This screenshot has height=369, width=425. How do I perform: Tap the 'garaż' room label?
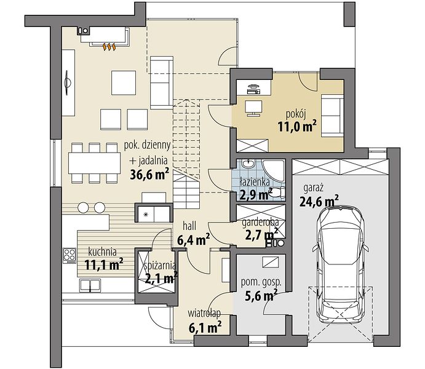314,188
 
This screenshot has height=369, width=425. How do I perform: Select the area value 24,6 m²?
319,201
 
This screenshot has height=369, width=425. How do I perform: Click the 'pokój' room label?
296,114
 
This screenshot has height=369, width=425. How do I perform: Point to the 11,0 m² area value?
297,127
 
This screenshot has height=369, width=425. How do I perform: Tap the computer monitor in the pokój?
253,108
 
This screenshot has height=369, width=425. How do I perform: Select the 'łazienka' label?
255,182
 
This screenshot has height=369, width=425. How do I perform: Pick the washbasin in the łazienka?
247,164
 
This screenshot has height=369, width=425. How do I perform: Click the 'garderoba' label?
260,223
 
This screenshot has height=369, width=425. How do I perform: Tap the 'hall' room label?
189,226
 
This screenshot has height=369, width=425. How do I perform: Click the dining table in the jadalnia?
94,163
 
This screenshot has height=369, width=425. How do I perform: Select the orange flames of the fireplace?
109,47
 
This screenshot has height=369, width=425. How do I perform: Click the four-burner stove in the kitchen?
70,256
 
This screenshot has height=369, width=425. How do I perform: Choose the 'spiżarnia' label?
159,266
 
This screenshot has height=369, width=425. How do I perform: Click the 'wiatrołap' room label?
204,314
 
